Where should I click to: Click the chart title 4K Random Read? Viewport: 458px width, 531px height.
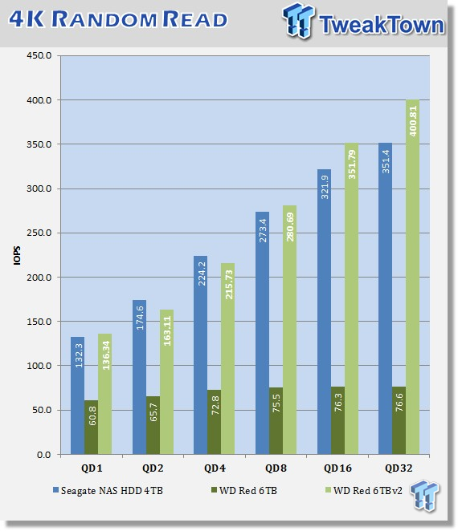click(118, 19)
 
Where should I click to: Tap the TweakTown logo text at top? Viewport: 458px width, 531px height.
click(382, 25)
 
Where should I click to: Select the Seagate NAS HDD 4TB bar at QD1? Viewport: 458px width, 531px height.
click(77, 395)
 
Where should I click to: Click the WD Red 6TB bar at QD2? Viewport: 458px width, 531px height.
click(153, 425)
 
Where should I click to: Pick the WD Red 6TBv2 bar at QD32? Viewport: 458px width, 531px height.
click(412, 277)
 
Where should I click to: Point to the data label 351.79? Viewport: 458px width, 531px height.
click(352, 164)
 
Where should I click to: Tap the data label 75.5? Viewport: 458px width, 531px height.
click(276, 403)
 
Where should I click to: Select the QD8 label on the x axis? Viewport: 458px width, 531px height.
click(276, 468)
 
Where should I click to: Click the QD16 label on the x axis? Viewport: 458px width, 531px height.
click(337, 468)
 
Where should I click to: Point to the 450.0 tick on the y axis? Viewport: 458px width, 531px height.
click(39, 55)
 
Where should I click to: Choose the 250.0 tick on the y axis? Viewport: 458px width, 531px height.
click(39, 233)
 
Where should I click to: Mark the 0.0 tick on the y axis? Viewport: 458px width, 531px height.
click(44, 455)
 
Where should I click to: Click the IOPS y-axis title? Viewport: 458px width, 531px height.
click(17, 255)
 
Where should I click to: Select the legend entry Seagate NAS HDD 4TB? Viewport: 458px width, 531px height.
click(108, 491)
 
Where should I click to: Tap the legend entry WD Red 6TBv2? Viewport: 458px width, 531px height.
click(364, 491)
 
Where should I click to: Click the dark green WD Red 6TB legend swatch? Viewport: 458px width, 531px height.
click(214, 490)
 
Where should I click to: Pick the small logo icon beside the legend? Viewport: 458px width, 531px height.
click(424, 496)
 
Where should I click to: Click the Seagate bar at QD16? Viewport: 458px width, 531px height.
click(325, 312)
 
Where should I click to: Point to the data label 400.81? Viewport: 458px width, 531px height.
click(413, 121)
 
